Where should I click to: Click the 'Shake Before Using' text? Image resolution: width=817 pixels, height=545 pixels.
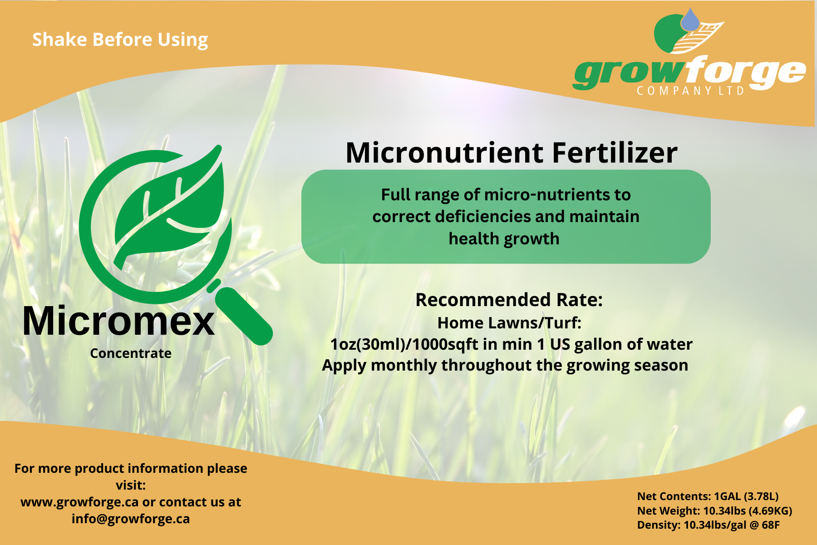pos(120,40)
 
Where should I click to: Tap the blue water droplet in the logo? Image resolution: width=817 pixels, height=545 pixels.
pos(690,20)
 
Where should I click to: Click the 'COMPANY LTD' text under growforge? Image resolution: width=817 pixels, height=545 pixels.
pos(690,91)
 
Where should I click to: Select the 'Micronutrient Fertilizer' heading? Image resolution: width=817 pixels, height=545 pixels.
pos(512,153)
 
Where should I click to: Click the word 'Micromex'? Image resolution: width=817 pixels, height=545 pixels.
pos(118,321)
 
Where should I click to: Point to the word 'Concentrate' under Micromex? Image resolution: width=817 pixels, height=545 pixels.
pos(131,353)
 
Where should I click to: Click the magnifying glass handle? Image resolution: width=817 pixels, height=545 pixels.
pos(244,316)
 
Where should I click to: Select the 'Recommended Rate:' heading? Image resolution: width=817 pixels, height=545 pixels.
pos(509,300)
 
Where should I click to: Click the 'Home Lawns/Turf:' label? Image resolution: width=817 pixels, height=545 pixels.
pos(509,323)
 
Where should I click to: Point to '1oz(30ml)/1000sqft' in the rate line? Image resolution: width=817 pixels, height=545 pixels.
pos(404,344)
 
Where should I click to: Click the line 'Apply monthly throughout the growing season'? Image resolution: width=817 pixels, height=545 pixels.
pos(505,366)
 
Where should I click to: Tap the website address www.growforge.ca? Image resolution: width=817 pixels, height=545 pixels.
pos(79,502)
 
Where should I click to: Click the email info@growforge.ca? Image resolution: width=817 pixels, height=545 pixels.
pos(131,519)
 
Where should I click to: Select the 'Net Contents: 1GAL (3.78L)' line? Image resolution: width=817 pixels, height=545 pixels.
pos(708,496)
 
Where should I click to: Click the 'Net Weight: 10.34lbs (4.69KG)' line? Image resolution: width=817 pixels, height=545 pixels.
pos(715,511)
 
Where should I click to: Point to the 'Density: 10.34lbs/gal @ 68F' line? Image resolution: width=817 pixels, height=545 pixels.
pos(709,525)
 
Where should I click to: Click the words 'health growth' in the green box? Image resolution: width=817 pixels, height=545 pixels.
pos(504,239)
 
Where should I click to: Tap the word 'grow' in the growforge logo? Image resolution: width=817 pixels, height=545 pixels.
pos(629,73)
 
